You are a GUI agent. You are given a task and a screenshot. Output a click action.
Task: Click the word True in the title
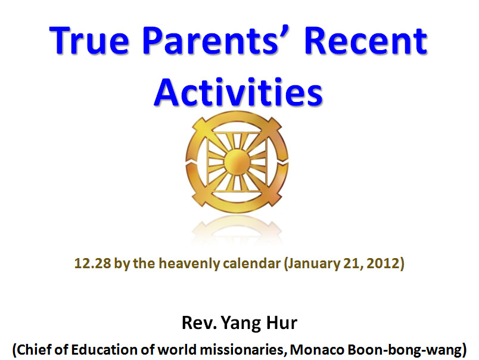pos(89,41)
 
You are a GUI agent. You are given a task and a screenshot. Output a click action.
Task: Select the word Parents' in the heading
pos(211,41)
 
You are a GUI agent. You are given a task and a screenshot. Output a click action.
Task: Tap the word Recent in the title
pos(365,41)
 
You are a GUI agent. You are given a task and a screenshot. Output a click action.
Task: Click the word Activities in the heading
pos(238,92)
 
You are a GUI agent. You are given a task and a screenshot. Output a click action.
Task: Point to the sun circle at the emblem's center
pos(237,162)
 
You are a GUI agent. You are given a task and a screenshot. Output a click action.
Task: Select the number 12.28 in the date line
pos(92,263)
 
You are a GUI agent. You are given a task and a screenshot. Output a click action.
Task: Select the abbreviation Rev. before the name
pos(199,322)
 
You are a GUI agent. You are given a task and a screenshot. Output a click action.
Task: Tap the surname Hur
pos(282,322)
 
